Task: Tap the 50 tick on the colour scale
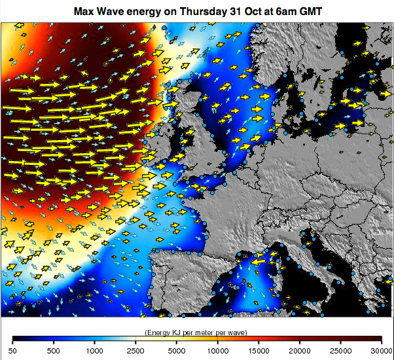point(13,351)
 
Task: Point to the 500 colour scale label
point(54,351)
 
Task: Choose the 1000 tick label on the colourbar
point(95,351)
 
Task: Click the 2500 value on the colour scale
point(135,351)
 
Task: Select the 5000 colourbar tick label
point(177,351)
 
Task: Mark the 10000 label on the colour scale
point(217,351)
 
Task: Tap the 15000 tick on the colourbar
point(259,351)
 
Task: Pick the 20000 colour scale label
point(299,351)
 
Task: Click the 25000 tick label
point(340,351)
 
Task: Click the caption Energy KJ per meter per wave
point(196,333)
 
